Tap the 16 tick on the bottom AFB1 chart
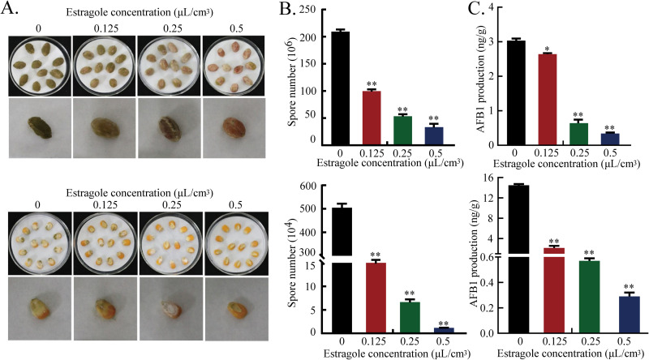click(x=501, y=178)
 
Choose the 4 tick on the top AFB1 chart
click(x=501, y=10)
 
